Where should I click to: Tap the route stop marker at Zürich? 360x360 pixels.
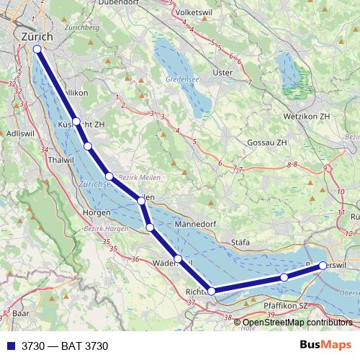pyautogui.click(x=37, y=49)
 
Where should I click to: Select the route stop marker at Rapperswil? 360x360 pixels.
pyautogui.click(x=323, y=266)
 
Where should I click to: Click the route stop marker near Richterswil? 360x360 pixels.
pyautogui.click(x=212, y=291)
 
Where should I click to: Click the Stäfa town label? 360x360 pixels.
pyautogui.click(x=239, y=243)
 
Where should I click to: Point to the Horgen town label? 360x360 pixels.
pyautogui.click(x=96, y=212)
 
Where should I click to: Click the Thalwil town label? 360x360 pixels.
pyautogui.click(x=60, y=160)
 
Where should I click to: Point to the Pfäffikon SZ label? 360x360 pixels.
pyautogui.click(x=287, y=305)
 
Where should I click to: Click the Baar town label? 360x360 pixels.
pyautogui.click(x=21, y=314)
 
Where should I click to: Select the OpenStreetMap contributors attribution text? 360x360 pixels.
pyautogui.click(x=297, y=323)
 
